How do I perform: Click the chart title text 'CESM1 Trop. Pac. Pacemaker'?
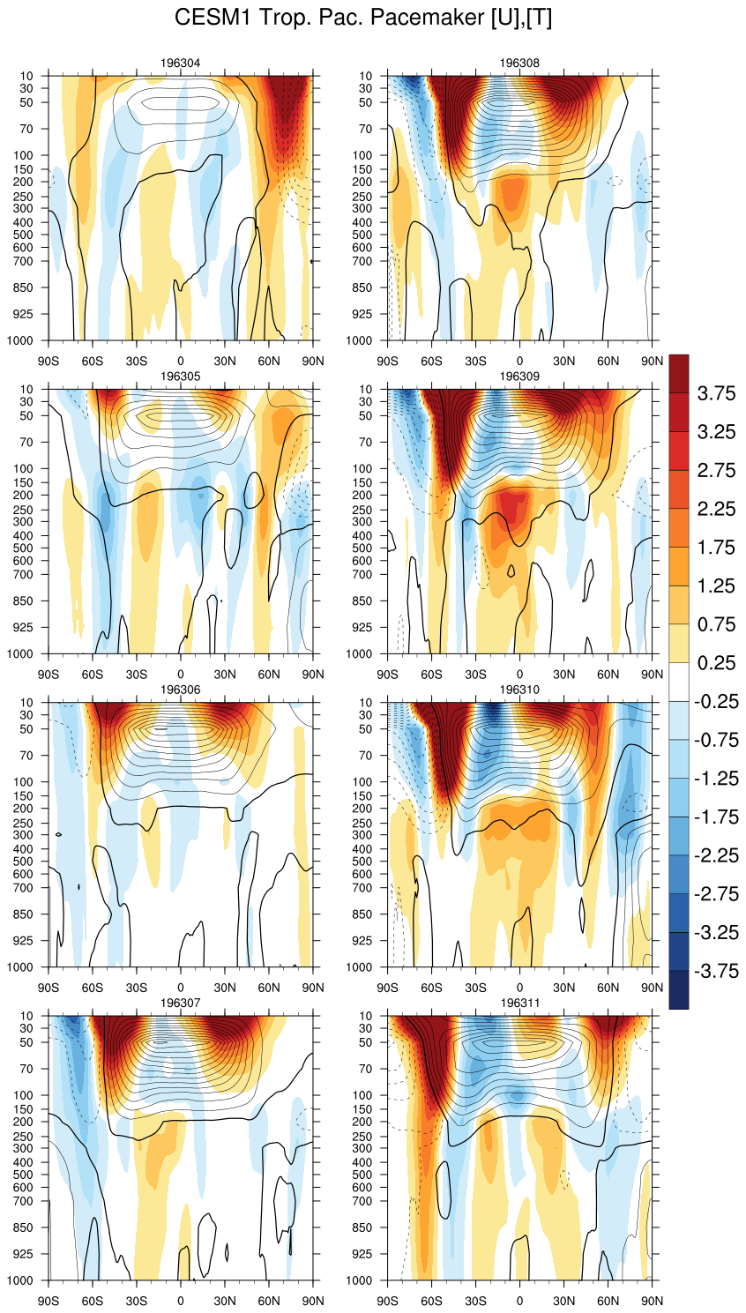[363, 18]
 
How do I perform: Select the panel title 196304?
[181, 63]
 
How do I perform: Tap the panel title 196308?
[519, 63]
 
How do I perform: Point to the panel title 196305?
[181, 377]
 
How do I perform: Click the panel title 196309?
[519, 377]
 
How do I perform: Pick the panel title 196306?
[181, 690]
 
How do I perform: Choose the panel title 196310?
[519, 690]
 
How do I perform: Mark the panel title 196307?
[181, 1003]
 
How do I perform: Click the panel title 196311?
[519, 1003]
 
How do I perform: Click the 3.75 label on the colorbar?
[716, 393]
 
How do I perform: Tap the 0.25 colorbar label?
[716, 663]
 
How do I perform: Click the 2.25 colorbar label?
[716, 509]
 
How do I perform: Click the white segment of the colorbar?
[679, 683]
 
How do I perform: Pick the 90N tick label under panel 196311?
[652, 1301]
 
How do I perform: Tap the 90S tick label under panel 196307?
[48, 1301]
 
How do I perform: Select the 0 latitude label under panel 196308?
[519, 361]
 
